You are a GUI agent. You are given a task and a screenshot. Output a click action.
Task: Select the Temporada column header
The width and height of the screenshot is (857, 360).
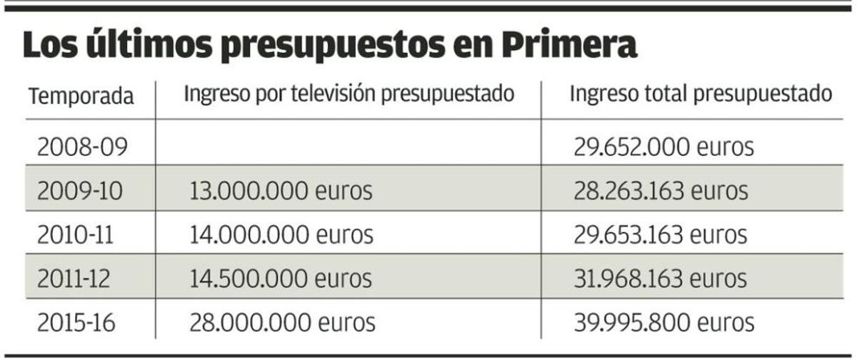[x=81, y=96]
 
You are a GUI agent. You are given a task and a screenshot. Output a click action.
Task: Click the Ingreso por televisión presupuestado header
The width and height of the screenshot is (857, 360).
[x=349, y=95]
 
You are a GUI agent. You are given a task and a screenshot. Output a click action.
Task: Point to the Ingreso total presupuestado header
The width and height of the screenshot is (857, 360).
[x=701, y=95]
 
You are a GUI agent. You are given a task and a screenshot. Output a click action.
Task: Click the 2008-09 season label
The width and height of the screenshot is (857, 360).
[x=82, y=147]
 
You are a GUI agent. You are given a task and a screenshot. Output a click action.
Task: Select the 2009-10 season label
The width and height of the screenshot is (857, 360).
[x=80, y=191]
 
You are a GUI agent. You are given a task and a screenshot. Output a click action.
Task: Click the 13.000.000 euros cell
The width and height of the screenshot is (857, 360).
[x=281, y=191]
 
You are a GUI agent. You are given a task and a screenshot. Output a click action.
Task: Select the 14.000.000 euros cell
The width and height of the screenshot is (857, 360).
[x=281, y=234]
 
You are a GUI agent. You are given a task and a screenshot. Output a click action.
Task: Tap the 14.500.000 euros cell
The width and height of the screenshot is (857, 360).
[x=281, y=278]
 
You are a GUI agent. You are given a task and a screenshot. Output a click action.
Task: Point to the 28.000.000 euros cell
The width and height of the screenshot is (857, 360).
[x=282, y=321]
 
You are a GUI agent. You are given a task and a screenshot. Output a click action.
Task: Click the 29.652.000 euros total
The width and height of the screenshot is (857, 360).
[x=663, y=147]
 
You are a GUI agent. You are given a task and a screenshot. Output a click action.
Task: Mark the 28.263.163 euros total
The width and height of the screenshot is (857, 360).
[x=661, y=191]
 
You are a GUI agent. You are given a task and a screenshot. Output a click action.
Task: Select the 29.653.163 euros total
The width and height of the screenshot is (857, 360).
[x=661, y=234]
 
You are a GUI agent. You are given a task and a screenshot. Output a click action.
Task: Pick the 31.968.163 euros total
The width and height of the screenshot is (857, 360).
[x=661, y=278]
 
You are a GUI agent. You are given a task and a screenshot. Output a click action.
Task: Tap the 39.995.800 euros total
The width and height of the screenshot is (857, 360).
[x=663, y=321]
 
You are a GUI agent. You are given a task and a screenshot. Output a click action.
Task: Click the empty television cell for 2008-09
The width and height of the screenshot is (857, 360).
[x=349, y=147]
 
